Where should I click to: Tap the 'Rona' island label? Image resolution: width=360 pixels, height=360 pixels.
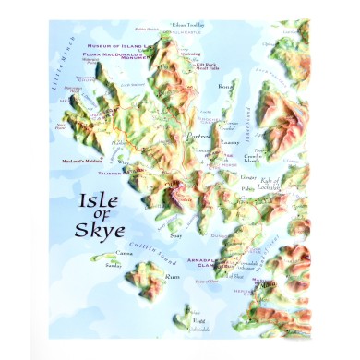click(x=225, y=86)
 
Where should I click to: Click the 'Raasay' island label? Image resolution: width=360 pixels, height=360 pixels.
click(x=231, y=144)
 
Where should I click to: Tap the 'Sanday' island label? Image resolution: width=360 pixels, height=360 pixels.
click(x=113, y=264)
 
